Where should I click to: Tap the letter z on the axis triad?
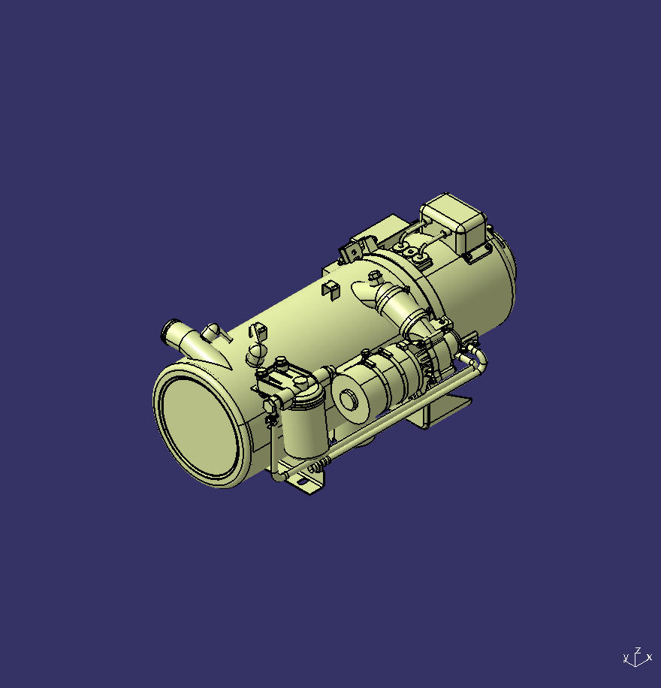(x=638, y=650)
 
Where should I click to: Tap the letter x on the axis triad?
(x=649, y=658)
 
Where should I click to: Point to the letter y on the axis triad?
(x=626, y=659)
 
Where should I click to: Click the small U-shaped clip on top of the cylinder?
(x=330, y=288)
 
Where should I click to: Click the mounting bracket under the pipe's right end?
(x=443, y=410)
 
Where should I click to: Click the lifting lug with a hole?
(x=352, y=251)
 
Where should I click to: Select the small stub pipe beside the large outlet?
(x=213, y=330)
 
